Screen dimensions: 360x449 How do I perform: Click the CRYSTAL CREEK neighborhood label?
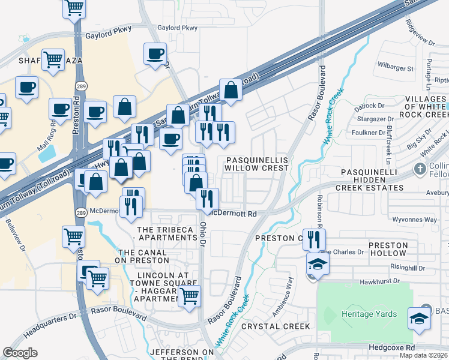[276, 326]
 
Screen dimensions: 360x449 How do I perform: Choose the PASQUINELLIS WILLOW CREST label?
[257, 164]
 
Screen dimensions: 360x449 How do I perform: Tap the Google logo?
[20, 353]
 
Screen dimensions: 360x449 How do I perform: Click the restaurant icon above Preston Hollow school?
[314, 239]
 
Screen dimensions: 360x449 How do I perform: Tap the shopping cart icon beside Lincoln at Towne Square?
[190, 295]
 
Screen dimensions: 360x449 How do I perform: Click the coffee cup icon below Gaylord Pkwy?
[155, 53]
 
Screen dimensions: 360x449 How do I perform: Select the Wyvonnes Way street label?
[416, 220]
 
